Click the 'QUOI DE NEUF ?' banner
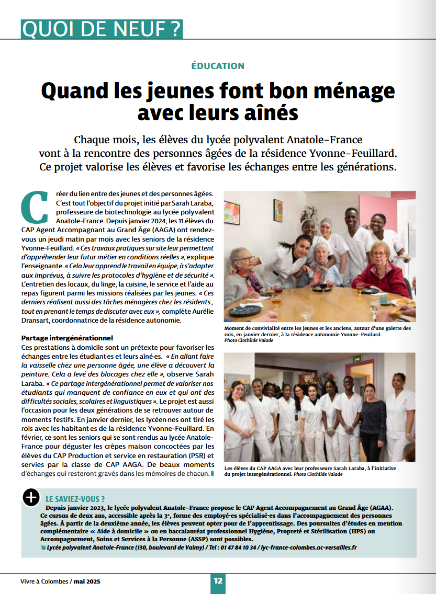click(102, 29)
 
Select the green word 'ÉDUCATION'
click(218, 66)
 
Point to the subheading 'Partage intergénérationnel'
click(67, 338)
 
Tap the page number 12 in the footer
click(218, 580)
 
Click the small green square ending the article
click(212, 474)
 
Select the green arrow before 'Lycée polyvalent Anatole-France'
click(43, 547)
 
